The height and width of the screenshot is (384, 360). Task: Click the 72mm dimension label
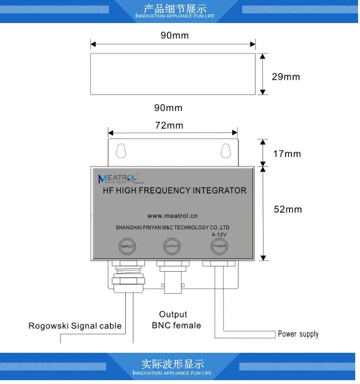pyautogui.click(x=169, y=126)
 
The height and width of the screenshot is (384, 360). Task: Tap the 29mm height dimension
pyautogui.click(x=286, y=77)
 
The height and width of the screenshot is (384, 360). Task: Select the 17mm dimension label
pyautogui.click(x=287, y=154)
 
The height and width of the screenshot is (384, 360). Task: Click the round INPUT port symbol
pyautogui.click(x=127, y=246)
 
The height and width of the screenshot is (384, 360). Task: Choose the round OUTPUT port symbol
pyautogui.click(x=172, y=246)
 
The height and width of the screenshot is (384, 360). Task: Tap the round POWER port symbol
pyautogui.click(x=219, y=246)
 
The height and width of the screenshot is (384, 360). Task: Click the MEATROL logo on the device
pyautogui.click(x=118, y=179)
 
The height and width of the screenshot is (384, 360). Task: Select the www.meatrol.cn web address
pyautogui.click(x=172, y=216)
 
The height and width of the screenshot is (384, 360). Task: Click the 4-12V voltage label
pyautogui.click(x=219, y=234)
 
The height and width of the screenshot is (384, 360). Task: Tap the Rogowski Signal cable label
pyautogui.click(x=75, y=326)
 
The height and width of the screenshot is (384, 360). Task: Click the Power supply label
pyautogui.click(x=298, y=334)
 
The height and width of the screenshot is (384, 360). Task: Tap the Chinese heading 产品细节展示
pyautogui.click(x=175, y=9)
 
